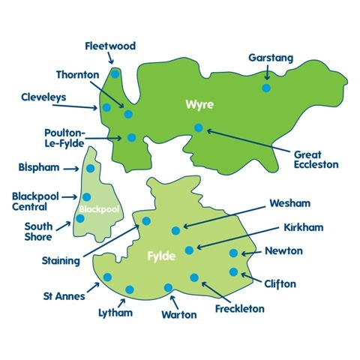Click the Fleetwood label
tap(110, 46)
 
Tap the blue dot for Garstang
tap(266, 88)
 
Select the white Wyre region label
tap(197, 106)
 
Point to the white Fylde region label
tap(161, 256)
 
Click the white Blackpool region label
tap(99, 209)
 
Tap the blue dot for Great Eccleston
tap(198, 127)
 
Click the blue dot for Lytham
tap(130, 289)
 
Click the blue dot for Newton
tap(233, 253)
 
